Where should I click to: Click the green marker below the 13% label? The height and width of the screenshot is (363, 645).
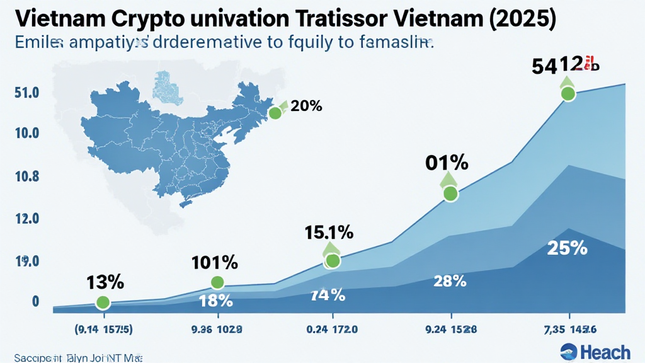(103, 303)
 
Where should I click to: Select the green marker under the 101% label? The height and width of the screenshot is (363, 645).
(217, 282)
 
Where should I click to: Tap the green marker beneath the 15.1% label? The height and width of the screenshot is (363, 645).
(333, 260)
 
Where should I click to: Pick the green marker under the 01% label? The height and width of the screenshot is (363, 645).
(450, 193)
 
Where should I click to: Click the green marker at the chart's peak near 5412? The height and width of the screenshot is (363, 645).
(568, 94)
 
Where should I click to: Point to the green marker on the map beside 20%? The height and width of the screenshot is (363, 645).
(275, 113)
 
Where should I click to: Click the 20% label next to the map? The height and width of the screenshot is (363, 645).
(307, 107)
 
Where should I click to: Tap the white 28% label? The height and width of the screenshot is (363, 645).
(450, 282)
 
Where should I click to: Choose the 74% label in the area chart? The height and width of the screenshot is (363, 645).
(328, 294)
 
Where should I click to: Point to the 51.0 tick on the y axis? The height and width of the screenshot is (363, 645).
(26, 93)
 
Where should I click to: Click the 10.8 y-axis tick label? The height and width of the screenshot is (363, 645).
(26, 176)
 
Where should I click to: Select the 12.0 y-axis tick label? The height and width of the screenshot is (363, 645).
(26, 219)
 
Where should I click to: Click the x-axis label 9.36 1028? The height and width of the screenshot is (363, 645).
(216, 328)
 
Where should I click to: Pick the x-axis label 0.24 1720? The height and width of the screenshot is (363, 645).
(333, 328)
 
